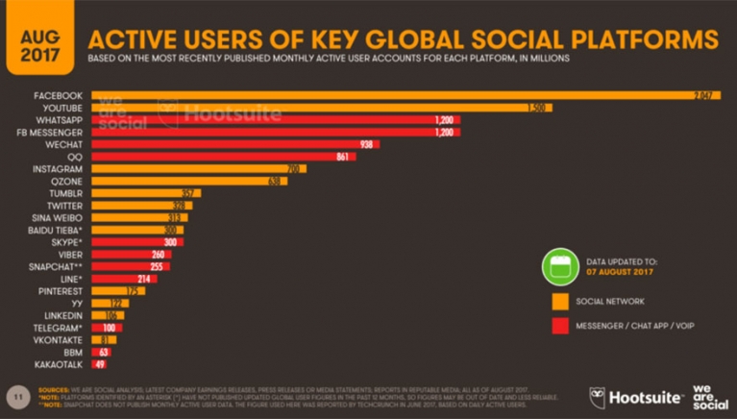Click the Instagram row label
[x=60, y=168]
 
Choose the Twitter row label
[x=65, y=205]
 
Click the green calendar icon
[x=560, y=266]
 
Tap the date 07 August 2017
[x=619, y=272]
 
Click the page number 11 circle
[x=15, y=395]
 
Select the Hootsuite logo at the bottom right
[x=632, y=395]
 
